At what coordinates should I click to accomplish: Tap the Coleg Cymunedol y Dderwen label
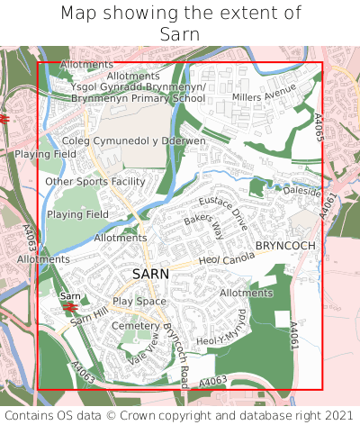[x=134, y=141]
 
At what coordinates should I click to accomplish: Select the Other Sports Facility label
[x=95, y=181]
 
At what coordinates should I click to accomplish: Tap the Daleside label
[x=302, y=192]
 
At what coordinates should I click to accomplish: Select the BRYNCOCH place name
[x=284, y=245]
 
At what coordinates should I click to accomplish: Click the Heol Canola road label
[x=221, y=261]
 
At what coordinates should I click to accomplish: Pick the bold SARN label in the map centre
[x=150, y=273]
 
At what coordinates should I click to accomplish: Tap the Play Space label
[x=139, y=301]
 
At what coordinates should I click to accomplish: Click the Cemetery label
[x=135, y=325]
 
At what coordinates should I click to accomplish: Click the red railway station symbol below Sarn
[x=69, y=307]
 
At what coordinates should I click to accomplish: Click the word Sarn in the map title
[x=180, y=34]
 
